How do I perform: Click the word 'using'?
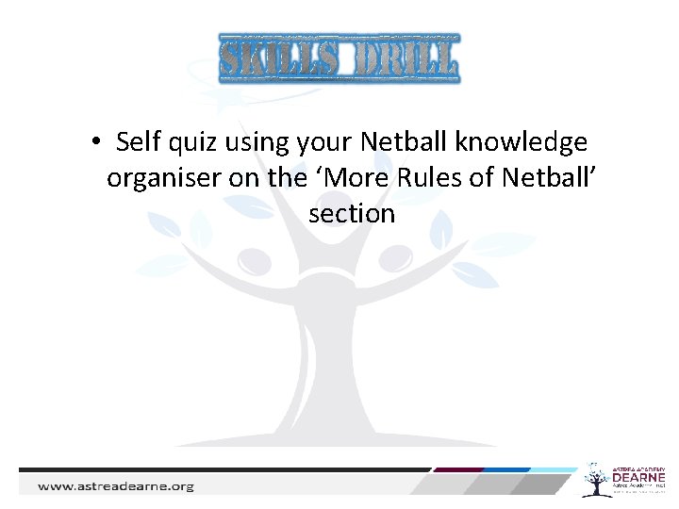click(x=257, y=143)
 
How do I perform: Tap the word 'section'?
click(x=351, y=213)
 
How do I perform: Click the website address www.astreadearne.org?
click(x=115, y=486)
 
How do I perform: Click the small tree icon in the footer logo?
click(x=596, y=480)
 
